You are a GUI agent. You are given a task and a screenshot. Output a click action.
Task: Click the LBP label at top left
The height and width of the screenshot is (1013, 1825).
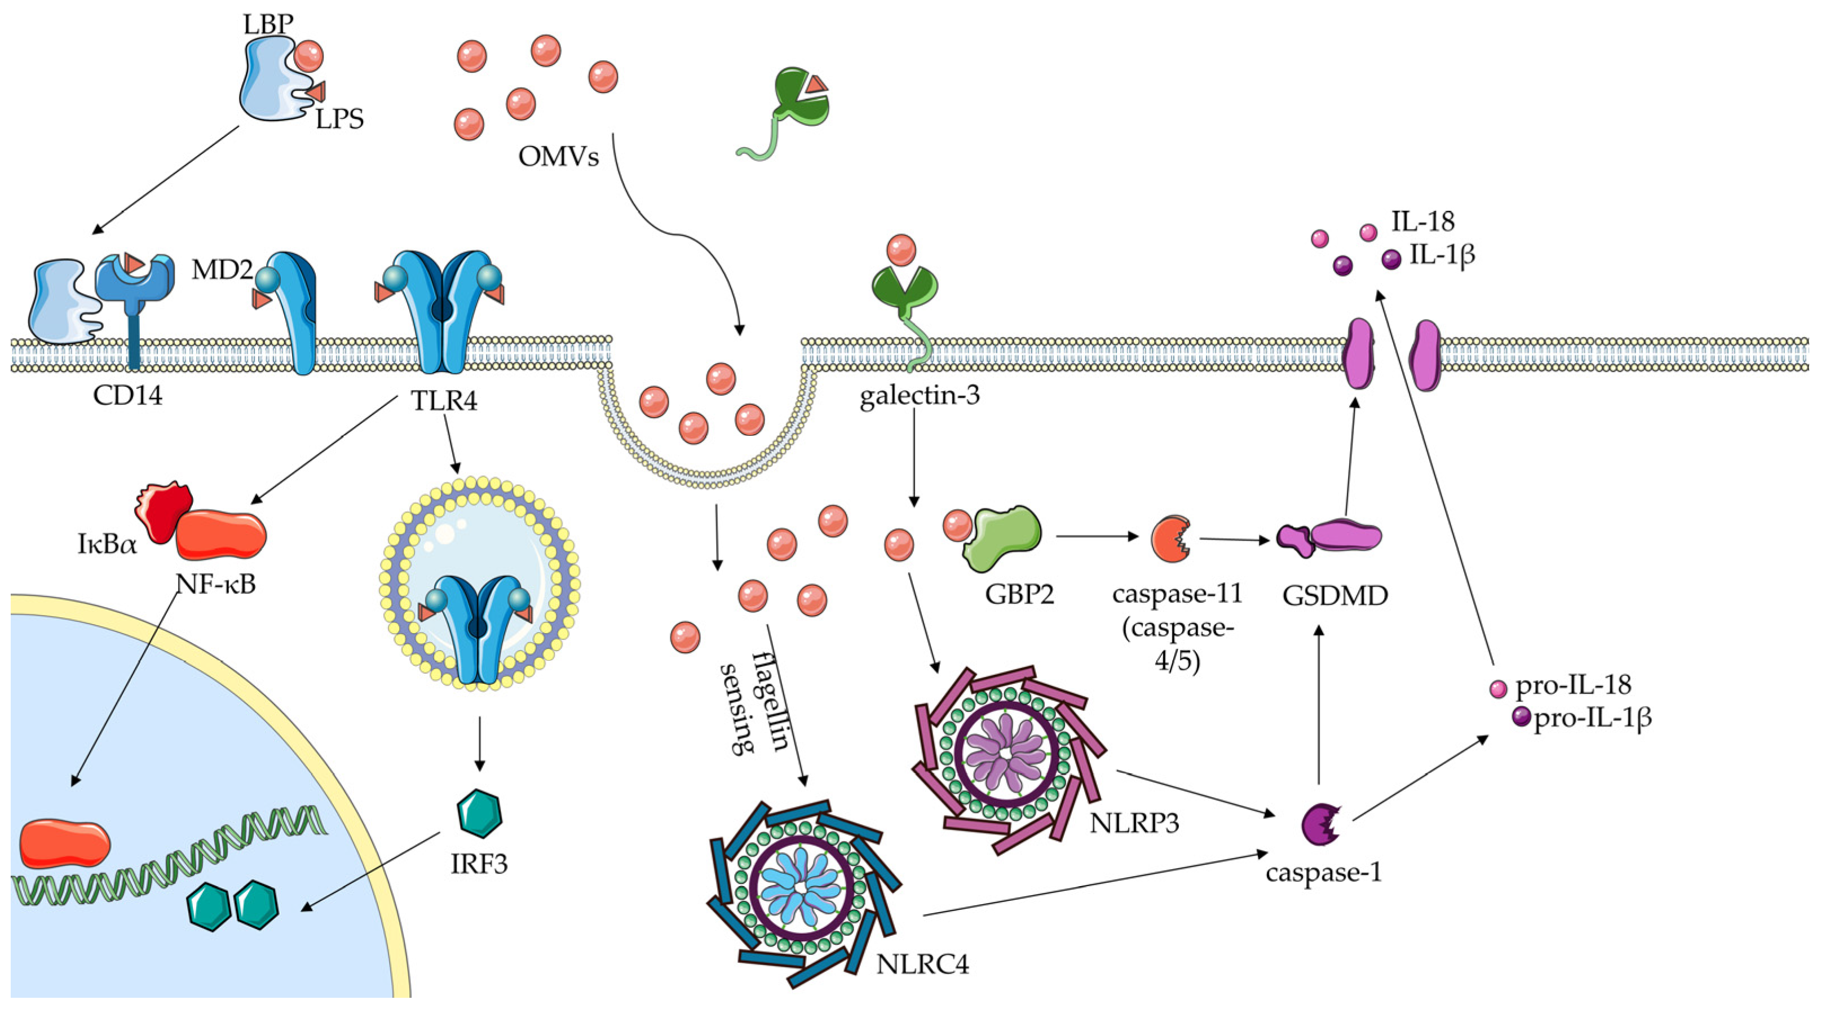[267, 24]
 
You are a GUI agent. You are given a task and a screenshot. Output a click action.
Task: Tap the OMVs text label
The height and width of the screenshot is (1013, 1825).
[558, 156]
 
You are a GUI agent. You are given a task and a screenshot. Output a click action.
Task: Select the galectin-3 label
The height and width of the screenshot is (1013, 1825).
[920, 395]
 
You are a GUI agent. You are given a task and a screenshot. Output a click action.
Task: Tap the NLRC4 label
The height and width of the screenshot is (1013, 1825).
[922, 964]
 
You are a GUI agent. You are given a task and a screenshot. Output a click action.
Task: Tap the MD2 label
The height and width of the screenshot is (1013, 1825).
[222, 270]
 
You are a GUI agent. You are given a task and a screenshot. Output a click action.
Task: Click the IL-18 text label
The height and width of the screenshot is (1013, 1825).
[1422, 222]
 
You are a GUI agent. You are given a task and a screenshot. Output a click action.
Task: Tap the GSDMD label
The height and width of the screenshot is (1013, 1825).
[1334, 596]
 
